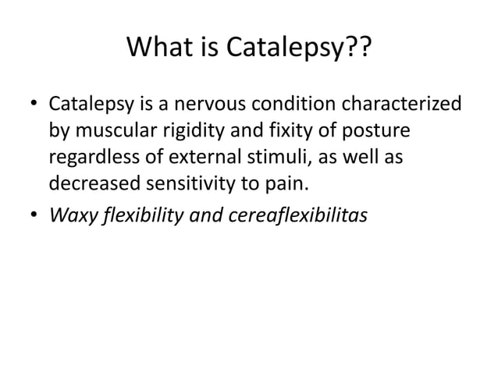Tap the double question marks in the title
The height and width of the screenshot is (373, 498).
coord(361,52)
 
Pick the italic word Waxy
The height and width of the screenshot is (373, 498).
coord(69,215)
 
